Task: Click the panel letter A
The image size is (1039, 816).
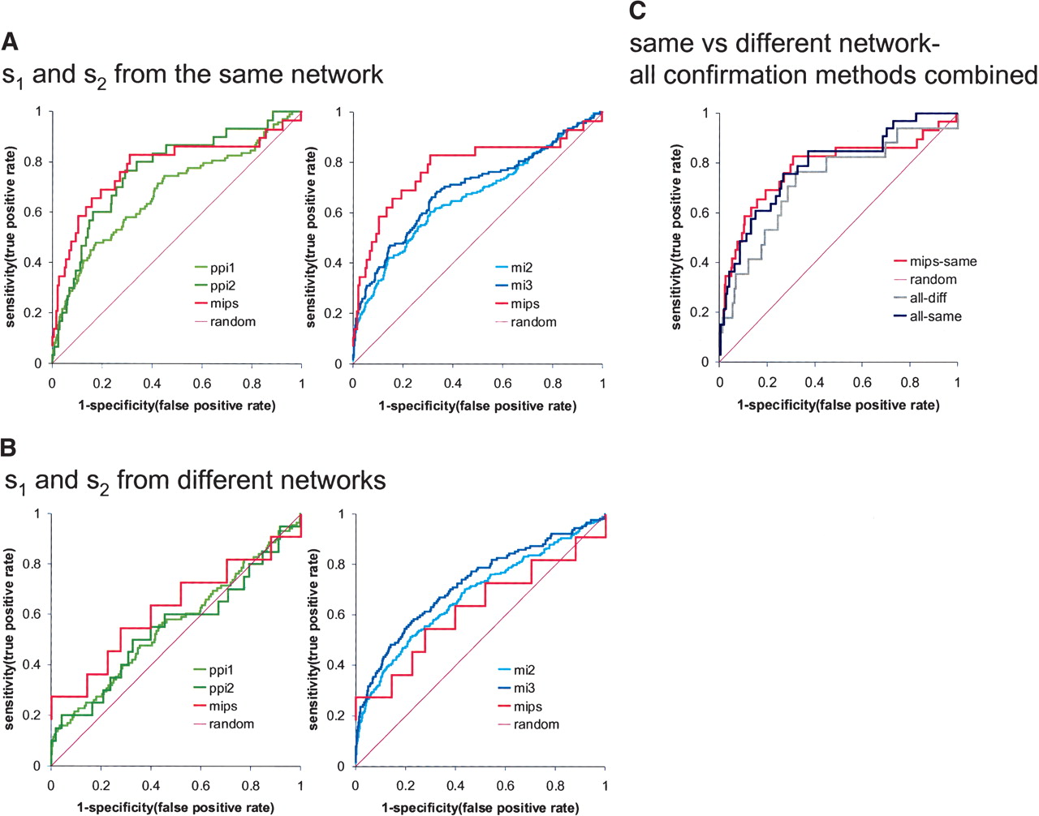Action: click(x=11, y=41)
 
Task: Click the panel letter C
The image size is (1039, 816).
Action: click(x=638, y=11)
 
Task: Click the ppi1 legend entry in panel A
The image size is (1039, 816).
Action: click(x=223, y=268)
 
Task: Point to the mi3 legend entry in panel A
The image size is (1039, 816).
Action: click(x=521, y=286)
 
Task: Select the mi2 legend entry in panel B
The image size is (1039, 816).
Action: click(x=524, y=670)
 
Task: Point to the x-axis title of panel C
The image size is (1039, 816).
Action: click(x=837, y=404)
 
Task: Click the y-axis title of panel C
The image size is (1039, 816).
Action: click(x=676, y=237)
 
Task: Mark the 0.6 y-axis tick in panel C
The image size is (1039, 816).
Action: click(x=700, y=213)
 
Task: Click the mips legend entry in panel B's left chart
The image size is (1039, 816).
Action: click(x=223, y=706)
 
